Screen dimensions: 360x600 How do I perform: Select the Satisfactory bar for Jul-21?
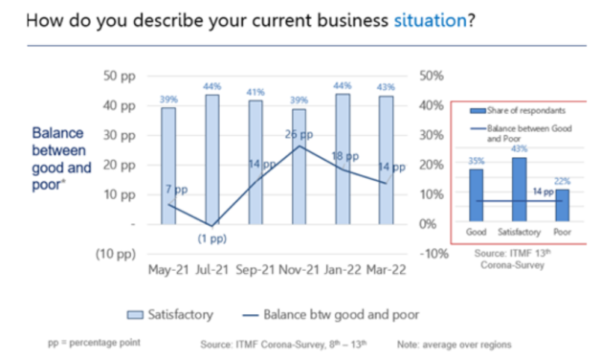(211, 158)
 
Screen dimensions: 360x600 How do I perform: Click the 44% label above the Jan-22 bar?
(343, 85)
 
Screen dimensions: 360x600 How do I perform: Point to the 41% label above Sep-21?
(256, 93)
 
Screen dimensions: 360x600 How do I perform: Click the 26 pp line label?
(300, 135)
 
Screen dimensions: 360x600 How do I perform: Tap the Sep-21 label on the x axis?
(256, 269)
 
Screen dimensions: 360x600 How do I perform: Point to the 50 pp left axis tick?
(122, 76)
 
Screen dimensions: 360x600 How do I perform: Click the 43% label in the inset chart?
(520, 148)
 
